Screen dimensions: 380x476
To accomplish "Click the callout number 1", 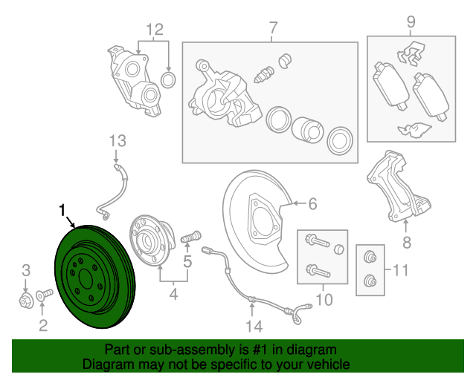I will [x=63, y=210].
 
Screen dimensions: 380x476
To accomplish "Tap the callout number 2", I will [x=42, y=324].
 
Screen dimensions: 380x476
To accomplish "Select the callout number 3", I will [x=26, y=269].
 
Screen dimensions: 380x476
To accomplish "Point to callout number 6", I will [x=312, y=203].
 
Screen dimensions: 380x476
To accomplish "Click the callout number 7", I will [x=273, y=29].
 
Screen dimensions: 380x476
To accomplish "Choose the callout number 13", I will [x=118, y=140].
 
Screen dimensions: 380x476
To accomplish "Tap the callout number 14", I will [x=254, y=326].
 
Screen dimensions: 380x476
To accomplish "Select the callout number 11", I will [x=400, y=271].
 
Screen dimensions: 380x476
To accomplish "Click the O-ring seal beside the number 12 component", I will [x=169, y=79].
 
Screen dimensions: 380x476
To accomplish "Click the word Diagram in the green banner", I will [x=107, y=364].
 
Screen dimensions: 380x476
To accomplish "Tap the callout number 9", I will [x=411, y=22].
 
